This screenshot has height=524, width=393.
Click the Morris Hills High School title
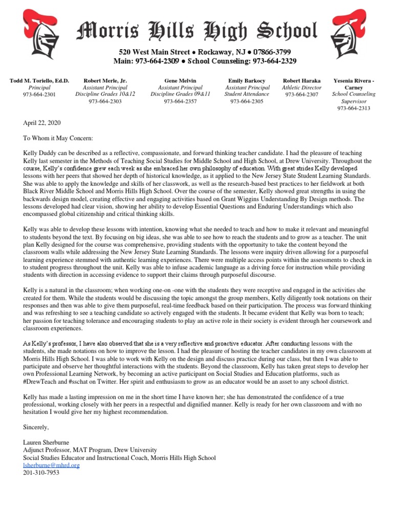click(x=197, y=31)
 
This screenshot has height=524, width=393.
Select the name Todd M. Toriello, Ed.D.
click(x=39, y=81)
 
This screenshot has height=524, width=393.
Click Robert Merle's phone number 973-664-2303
click(x=105, y=101)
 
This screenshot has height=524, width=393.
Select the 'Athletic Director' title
click(x=302, y=88)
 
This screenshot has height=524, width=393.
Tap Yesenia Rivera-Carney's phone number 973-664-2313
click(x=354, y=108)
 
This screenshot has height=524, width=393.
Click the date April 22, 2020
click(x=42, y=123)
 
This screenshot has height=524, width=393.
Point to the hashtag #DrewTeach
click(x=41, y=382)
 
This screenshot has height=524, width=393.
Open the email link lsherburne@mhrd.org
click(x=51, y=465)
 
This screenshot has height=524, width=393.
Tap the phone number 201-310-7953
click(x=41, y=473)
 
